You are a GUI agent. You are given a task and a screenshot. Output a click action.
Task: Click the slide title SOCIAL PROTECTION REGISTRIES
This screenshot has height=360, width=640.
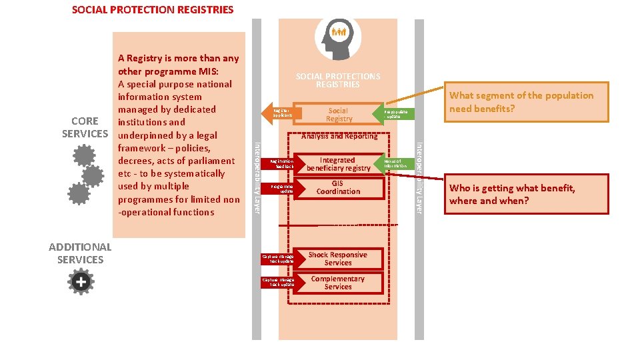click(x=153, y=10)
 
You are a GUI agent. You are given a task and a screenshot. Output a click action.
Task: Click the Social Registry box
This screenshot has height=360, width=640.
click(x=339, y=115)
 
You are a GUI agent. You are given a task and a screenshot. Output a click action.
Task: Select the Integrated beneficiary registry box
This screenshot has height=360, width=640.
click(x=338, y=165)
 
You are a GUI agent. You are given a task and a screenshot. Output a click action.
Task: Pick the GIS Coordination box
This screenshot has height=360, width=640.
click(x=338, y=188)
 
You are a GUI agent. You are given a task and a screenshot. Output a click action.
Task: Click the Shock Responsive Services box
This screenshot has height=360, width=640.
click(x=338, y=259)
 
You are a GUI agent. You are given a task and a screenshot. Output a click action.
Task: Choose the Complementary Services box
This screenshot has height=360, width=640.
click(x=338, y=283)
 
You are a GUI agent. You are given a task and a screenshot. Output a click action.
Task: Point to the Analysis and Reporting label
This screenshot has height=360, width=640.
click(x=339, y=136)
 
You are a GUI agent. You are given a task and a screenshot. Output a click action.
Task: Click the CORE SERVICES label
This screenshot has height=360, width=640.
click(x=85, y=127)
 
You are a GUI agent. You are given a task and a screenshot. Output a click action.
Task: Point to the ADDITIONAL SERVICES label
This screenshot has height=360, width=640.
click(x=80, y=253)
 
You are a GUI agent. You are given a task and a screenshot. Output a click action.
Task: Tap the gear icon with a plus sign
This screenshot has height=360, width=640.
click(x=81, y=282)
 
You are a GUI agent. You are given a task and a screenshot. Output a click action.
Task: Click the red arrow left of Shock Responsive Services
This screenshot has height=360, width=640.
click(x=279, y=259)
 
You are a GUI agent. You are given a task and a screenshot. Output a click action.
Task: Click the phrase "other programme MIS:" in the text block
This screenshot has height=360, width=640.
click(x=169, y=71)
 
